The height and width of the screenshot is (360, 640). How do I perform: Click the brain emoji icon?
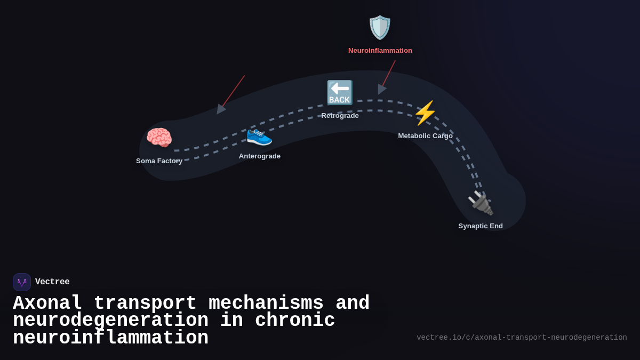coord(159,138)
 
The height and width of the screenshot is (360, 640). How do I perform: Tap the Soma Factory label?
coord(159,161)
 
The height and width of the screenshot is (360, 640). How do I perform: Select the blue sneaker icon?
coord(259,136)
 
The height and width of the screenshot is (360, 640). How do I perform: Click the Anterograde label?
coord(260,156)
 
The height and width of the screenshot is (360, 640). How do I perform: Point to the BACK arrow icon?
coord(340,93)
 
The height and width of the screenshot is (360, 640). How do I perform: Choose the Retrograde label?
coord(340,116)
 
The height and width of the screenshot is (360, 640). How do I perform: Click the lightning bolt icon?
coord(425,113)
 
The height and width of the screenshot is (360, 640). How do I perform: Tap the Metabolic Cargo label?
coord(425,136)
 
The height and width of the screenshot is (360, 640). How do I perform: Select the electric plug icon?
coord(480,203)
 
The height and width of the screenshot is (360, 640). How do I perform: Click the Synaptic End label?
coord(481,226)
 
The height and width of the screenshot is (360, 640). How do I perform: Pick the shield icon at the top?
coord(380,27)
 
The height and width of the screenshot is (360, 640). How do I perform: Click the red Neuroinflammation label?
coord(380,51)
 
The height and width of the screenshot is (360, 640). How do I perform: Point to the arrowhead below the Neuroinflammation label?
coord(381,89)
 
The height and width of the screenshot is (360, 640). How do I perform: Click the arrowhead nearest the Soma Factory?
coord(220,109)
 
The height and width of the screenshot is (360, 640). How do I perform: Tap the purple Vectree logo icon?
coord(22,282)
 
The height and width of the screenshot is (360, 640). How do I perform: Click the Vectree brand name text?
coord(52,282)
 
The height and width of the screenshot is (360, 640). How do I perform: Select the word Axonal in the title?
coord(47,303)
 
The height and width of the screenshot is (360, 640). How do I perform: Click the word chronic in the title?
coord(295,321)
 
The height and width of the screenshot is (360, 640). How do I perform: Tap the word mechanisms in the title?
coord(266,303)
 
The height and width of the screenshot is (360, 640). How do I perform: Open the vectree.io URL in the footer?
coord(522,338)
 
